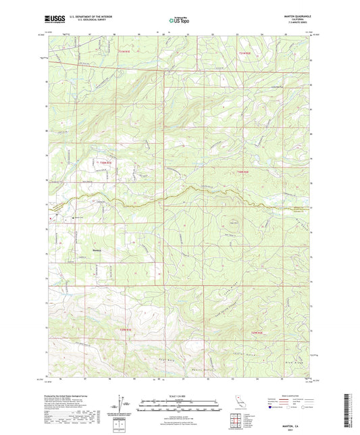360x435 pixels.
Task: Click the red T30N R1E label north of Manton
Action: click(101, 163)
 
